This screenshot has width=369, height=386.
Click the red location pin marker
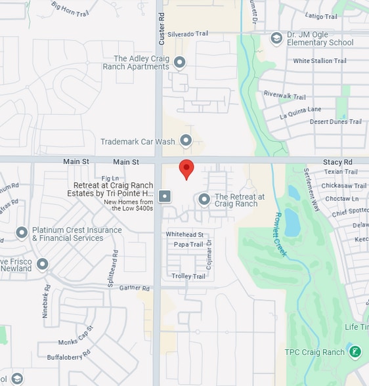coord(186,168)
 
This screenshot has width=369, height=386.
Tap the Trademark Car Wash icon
coord(186,140)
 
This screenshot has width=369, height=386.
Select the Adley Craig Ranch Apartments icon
coord(179,62)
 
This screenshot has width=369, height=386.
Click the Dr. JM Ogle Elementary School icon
coord(276,38)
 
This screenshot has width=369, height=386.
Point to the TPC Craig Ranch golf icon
coord(355,352)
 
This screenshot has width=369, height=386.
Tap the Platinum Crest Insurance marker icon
coord(22,233)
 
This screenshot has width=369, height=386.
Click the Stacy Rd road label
coord(337,161)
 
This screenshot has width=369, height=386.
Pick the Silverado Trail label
coord(188,33)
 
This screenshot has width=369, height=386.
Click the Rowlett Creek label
coord(280,234)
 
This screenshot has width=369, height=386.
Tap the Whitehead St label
coord(185,234)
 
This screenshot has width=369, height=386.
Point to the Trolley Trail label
coord(188,276)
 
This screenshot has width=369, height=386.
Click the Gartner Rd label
coord(135,288)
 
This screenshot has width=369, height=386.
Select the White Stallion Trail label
coord(320,61)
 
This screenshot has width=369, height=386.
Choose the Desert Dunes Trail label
coord(336,121)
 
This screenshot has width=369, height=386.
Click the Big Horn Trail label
coord(70,9)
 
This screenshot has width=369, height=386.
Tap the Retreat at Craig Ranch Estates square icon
coord(165,196)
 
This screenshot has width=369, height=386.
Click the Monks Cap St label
coord(77,341)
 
